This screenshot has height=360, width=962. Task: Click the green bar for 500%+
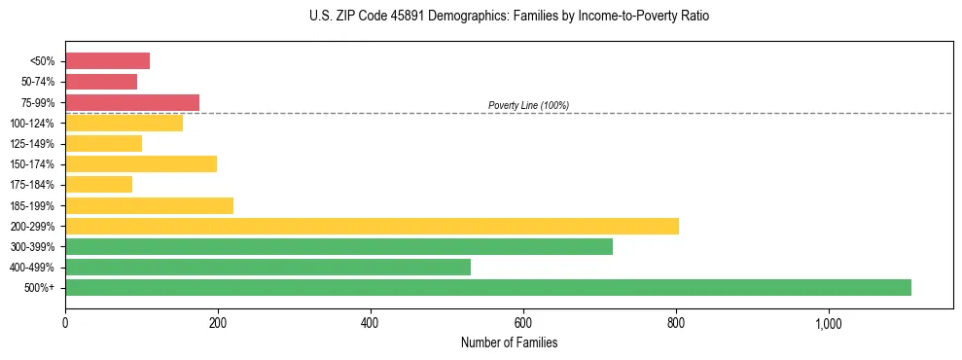click(487, 287)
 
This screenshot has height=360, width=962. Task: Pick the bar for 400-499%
click(267, 267)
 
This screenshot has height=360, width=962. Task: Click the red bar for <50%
click(107, 61)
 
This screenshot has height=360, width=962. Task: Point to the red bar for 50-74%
click(101, 82)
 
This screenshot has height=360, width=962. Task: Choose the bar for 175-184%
click(98, 184)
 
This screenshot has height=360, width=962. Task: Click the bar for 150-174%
click(141, 163)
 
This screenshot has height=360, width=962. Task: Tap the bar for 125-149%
click(103, 143)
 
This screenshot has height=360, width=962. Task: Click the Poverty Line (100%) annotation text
click(528, 105)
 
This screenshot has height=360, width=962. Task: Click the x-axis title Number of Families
click(509, 342)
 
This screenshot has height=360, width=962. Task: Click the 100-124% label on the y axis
click(32, 124)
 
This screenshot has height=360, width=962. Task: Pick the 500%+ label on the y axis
click(40, 288)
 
